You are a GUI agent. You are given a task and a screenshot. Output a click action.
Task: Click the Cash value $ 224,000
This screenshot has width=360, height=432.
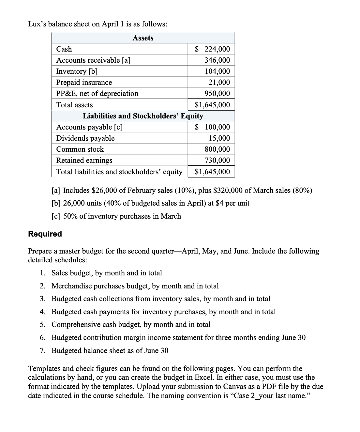tap(212, 49)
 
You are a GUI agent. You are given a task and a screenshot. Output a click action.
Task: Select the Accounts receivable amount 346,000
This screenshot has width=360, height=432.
tap(217, 60)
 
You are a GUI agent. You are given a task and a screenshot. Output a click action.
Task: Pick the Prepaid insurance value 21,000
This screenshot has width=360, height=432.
tap(219, 82)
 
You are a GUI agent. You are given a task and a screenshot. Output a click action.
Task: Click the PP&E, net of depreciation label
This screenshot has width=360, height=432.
tap(97, 93)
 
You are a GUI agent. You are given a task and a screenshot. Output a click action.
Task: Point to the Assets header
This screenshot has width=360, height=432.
tap(143, 38)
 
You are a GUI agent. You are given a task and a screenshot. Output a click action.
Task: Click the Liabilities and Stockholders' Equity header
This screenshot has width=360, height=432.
tap(143, 116)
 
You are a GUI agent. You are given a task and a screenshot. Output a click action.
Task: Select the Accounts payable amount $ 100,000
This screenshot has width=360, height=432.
tap(212, 127)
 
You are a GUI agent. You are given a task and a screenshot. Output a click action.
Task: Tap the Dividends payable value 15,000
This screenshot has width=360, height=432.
tap(219, 138)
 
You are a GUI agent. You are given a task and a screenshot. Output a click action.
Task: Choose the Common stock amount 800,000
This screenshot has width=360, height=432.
tap(217, 149)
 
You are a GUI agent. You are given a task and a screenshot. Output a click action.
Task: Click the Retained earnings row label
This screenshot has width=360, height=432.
tap(84, 160)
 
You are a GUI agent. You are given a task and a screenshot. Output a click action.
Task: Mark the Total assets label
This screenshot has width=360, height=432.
tap(74, 105)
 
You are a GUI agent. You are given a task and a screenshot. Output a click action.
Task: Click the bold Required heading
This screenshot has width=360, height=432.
tap(45, 234)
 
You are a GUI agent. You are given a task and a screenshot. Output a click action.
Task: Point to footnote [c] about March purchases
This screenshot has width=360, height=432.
tap(116, 216)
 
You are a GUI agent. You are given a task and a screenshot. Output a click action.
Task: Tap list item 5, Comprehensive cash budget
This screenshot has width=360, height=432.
tap(131, 324)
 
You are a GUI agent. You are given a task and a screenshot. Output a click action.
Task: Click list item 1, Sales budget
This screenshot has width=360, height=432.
tap(107, 273)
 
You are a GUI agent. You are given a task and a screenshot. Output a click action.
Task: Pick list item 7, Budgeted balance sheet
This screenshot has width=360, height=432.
tap(110, 350)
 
